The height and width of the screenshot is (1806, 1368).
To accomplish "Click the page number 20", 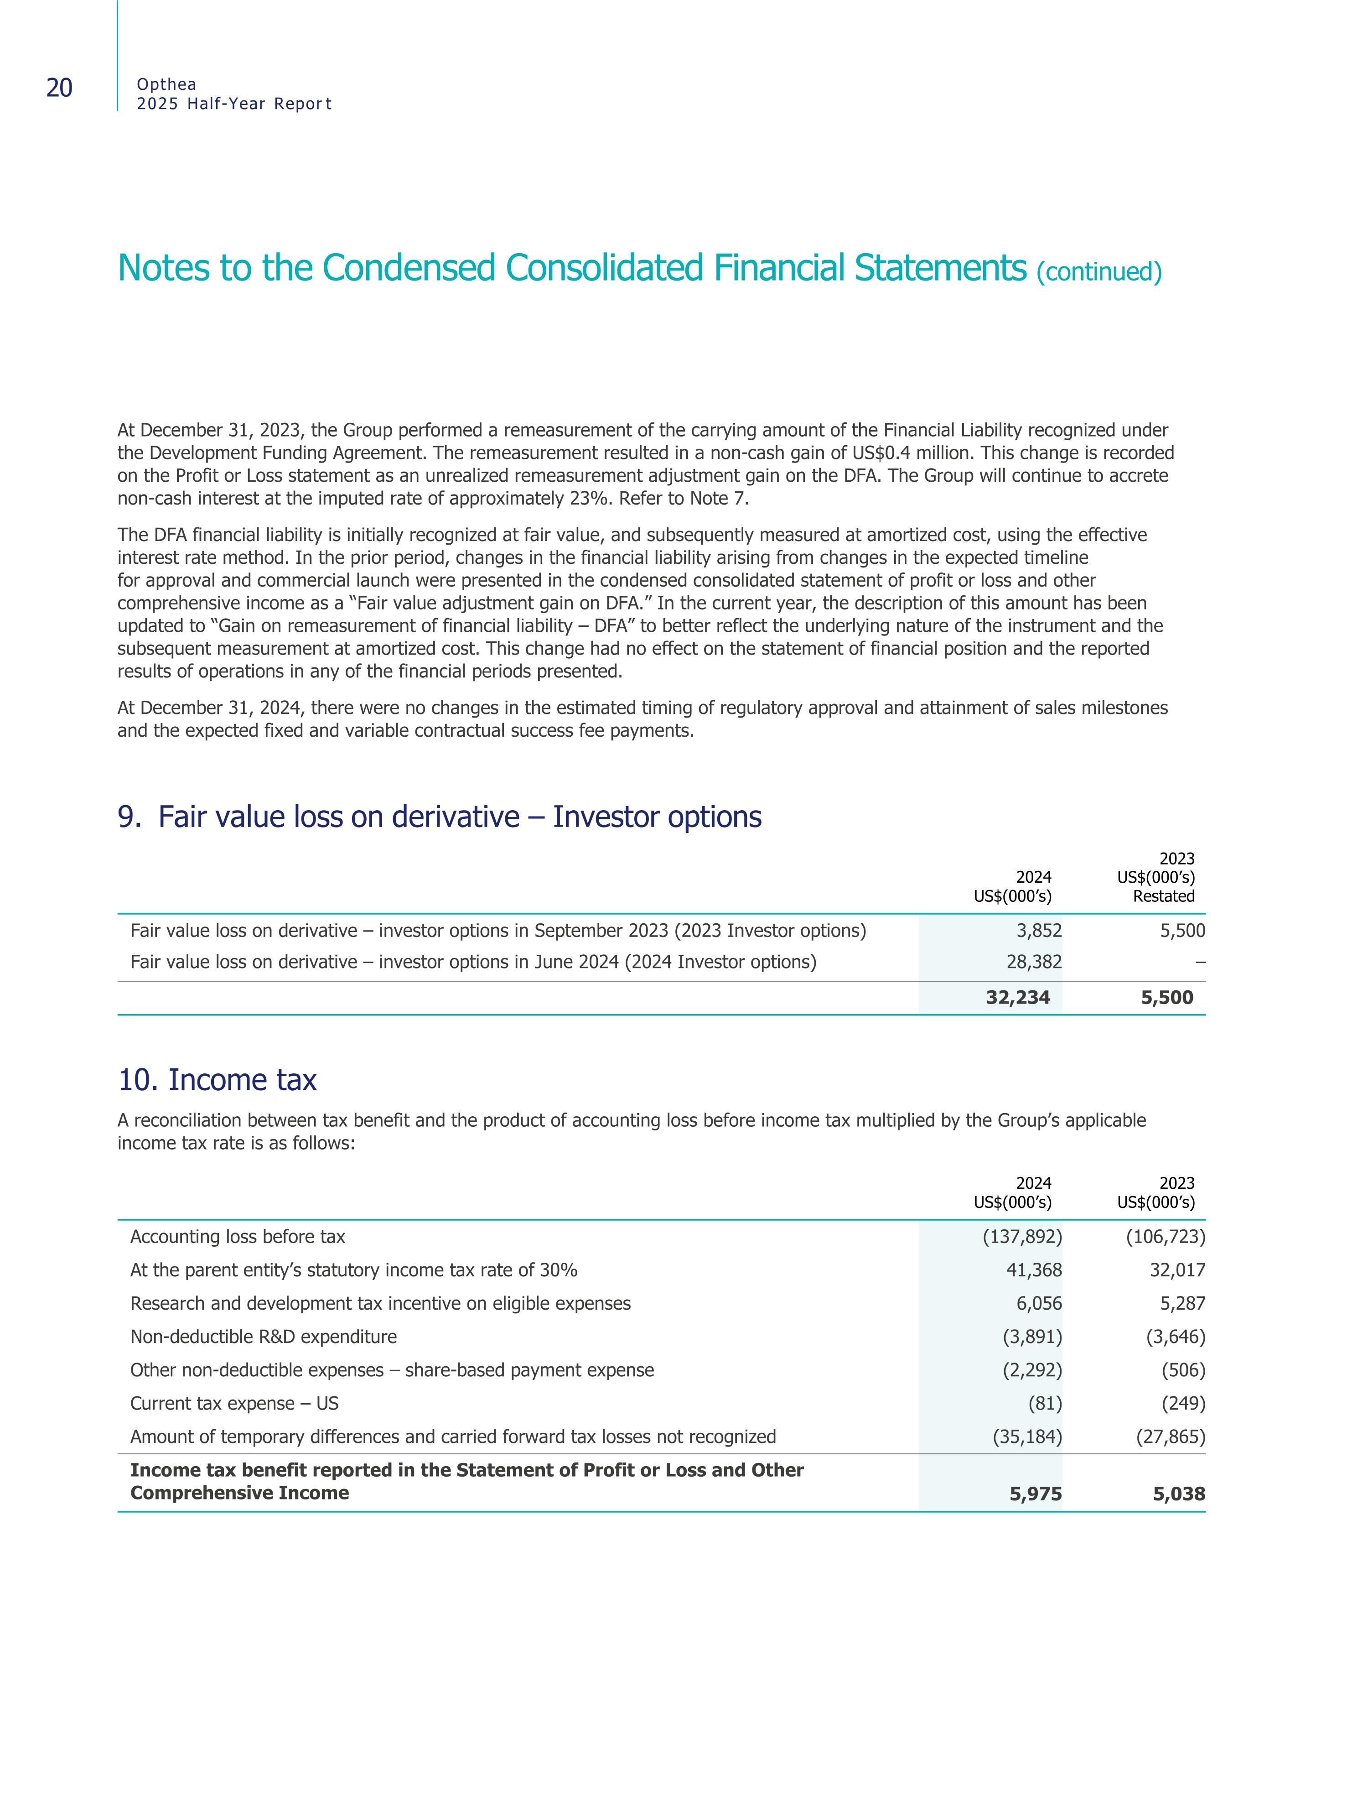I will click(x=60, y=88).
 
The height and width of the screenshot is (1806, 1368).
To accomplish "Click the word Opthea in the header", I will click(x=166, y=84).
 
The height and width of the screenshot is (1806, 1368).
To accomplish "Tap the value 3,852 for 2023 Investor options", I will click(x=1039, y=931).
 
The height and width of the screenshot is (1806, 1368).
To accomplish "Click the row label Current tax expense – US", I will click(x=234, y=1404).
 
